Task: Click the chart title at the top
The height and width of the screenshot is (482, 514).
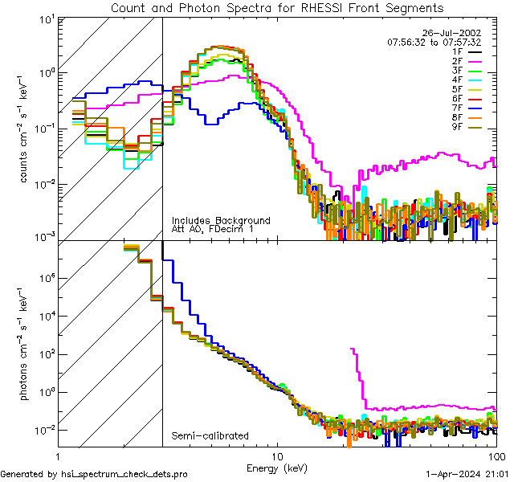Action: pyautogui.click(x=276, y=8)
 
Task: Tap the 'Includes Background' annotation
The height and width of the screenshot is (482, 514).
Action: pyautogui.click(x=221, y=221)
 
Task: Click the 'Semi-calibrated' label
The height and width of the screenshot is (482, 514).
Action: pyautogui.click(x=210, y=436)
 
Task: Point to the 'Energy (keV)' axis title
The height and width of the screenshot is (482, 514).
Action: pyautogui.click(x=277, y=467)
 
